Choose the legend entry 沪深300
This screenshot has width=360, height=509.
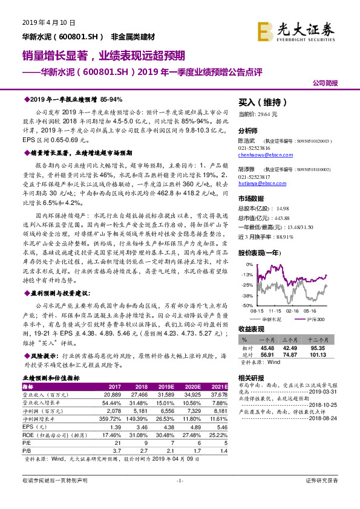(x=315, y=318)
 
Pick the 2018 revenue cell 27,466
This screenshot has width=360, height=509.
(x=131, y=394)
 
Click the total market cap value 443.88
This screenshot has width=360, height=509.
(x=283, y=218)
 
